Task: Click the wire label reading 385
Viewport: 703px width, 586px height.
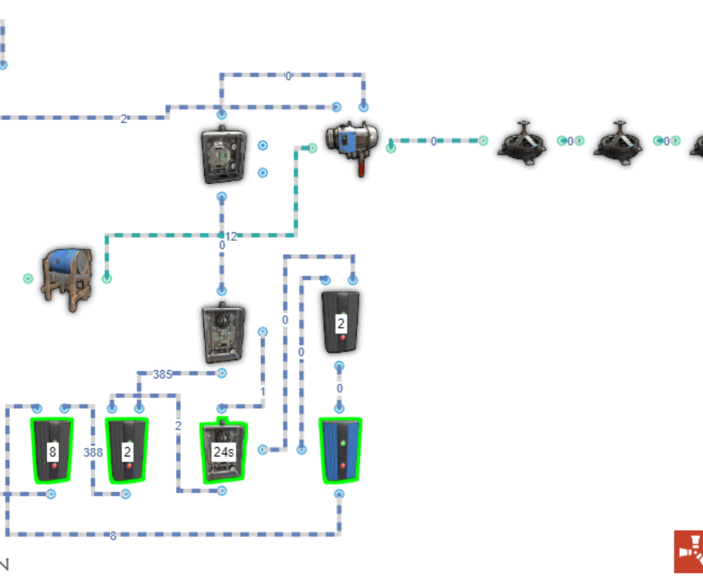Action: (162, 374)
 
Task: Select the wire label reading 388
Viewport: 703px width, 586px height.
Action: (93, 452)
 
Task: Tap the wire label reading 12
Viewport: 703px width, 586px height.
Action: (231, 236)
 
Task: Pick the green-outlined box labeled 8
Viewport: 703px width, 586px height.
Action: (52, 450)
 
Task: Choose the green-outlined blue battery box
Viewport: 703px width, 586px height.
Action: (340, 450)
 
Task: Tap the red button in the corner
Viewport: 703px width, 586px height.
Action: (688, 551)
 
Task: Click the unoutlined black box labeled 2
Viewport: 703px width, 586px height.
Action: (341, 323)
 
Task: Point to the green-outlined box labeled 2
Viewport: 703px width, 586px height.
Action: (127, 450)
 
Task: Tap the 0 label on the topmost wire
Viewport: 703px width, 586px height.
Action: (288, 75)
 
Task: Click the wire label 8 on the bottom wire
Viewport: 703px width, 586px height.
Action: (113, 534)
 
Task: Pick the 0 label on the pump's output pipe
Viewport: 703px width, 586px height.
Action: (434, 141)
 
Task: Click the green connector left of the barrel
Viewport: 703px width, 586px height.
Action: (28, 278)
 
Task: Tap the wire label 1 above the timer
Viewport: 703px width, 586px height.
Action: (262, 391)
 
